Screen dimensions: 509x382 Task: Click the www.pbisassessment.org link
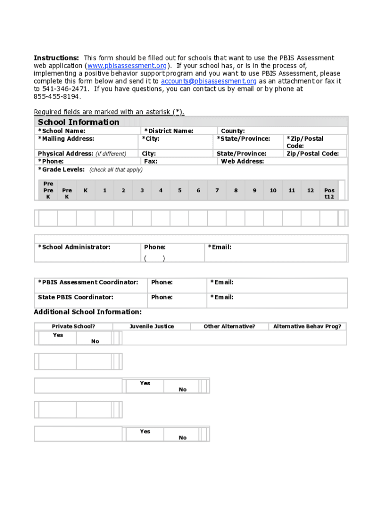point(127,66)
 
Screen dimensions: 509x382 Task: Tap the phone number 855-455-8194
point(57,96)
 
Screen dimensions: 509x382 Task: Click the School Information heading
point(78,122)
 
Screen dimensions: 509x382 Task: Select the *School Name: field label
point(62,131)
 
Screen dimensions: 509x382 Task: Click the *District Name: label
point(169,131)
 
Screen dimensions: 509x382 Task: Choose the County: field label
point(233,131)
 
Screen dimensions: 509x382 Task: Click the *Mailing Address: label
point(66,139)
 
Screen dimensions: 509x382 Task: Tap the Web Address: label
point(243,162)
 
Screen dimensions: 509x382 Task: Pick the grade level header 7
point(217,190)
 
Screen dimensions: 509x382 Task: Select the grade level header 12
point(310,190)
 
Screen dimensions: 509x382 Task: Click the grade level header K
point(86,190)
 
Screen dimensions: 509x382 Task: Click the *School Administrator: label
point(74,247)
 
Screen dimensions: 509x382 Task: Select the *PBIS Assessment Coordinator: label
point(88,282)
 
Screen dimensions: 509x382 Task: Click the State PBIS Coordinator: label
point(75,297)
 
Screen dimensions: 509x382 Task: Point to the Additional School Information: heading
point(87,312)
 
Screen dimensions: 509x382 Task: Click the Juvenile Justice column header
point(152,327)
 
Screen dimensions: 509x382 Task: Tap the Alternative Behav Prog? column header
point(307,327)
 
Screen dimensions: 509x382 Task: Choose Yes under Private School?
point(58,335)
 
